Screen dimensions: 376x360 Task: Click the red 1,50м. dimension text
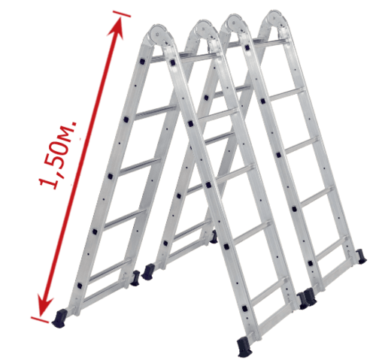[58, 156]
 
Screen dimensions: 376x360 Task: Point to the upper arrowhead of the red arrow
[117, 28]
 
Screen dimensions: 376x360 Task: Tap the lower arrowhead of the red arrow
[44, 305]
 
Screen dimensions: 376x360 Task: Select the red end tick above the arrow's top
[122, 14]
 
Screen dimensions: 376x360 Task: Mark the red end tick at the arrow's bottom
[40, 320]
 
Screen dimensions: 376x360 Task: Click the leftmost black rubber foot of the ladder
[59, 318]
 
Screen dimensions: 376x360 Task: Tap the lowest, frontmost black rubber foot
[244, 346]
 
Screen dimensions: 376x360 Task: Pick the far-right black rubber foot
[362, 256]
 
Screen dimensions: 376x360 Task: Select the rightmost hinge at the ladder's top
[275, 20]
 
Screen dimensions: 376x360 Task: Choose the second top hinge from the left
[202, 30]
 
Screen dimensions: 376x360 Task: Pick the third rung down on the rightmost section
[302, 146]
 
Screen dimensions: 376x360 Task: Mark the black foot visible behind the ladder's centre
[214, 237]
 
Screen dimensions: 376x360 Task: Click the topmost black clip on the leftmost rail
[142, 62]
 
